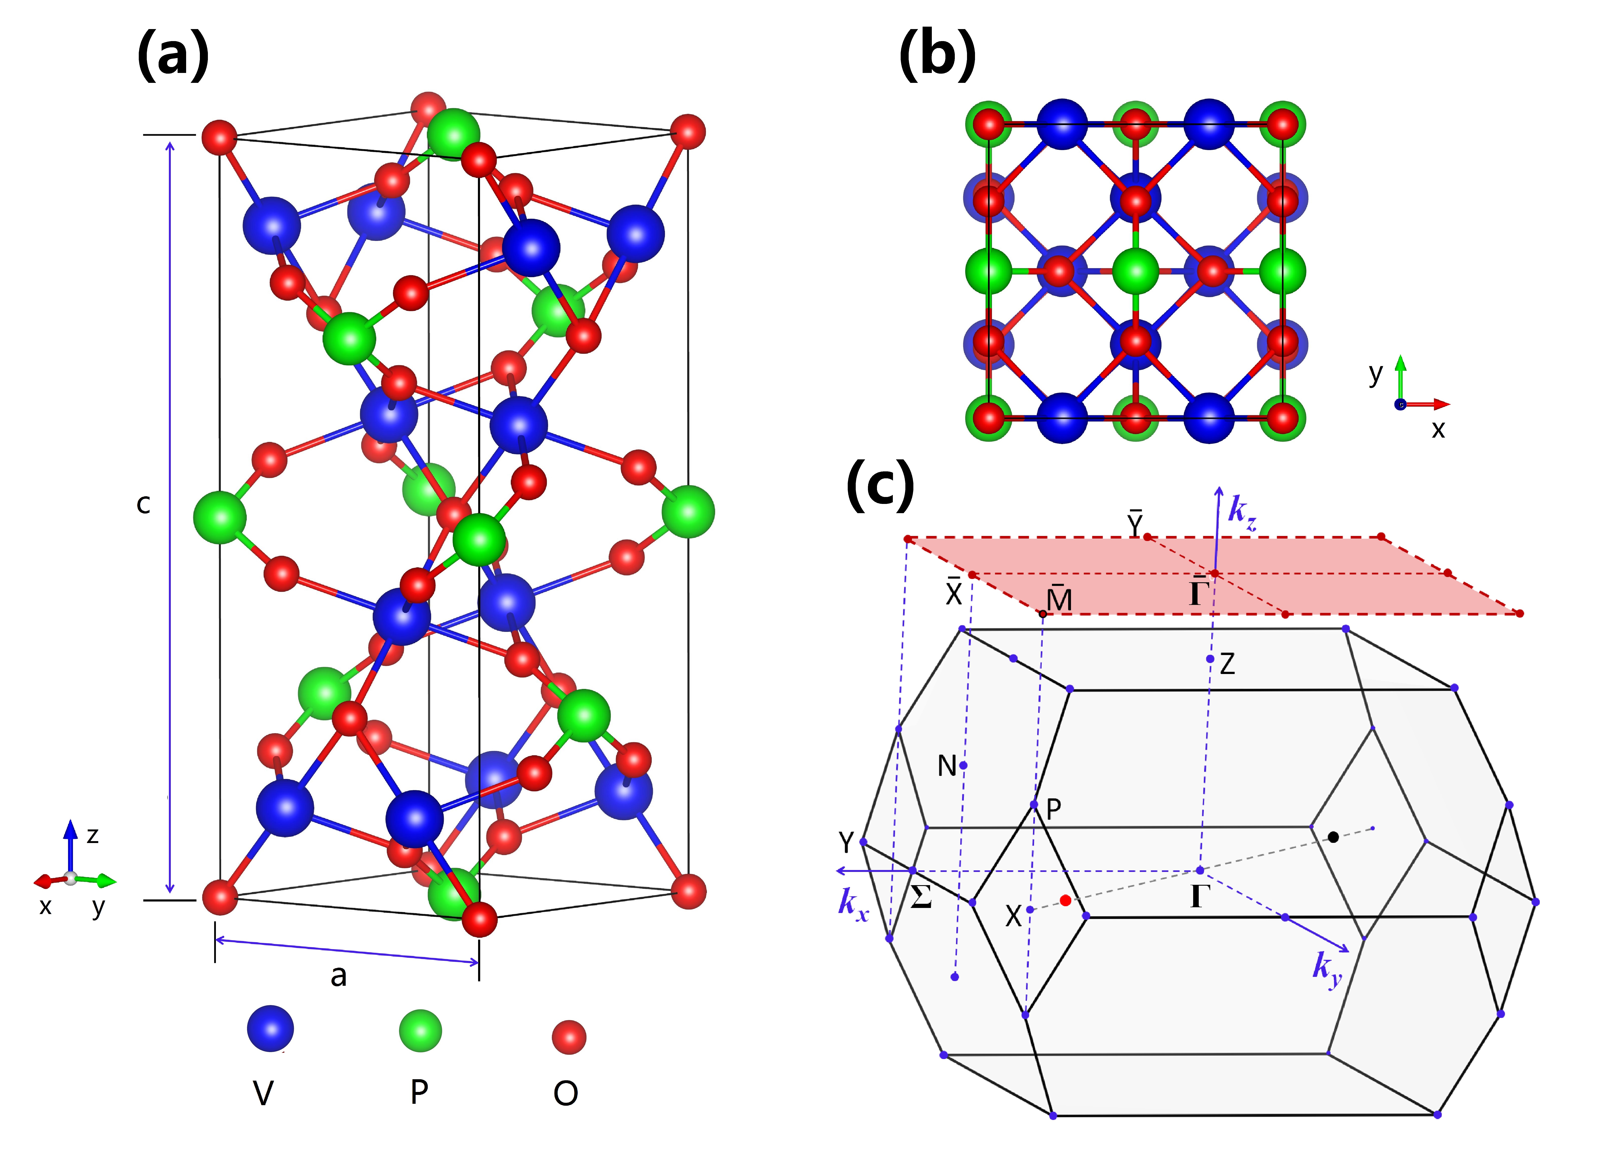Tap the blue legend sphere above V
pos(270,1028)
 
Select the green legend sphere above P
pos(420,1030)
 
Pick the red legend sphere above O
pos(568,1037)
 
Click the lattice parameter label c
pos(143,505)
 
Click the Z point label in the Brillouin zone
pos(1227,664)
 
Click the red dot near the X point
pos(1065,901)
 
